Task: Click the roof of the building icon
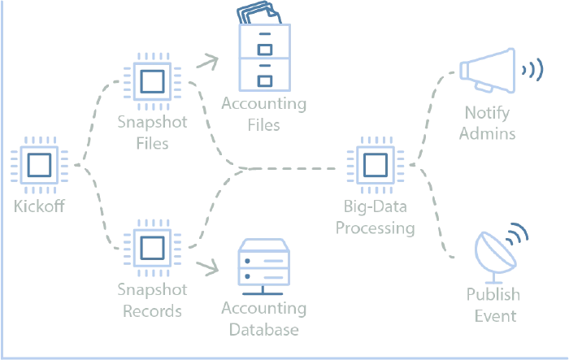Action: pos(263,14)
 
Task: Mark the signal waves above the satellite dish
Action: pos(518,232)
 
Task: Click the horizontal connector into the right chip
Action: pos(284,169)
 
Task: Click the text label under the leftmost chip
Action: pos(38,206)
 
